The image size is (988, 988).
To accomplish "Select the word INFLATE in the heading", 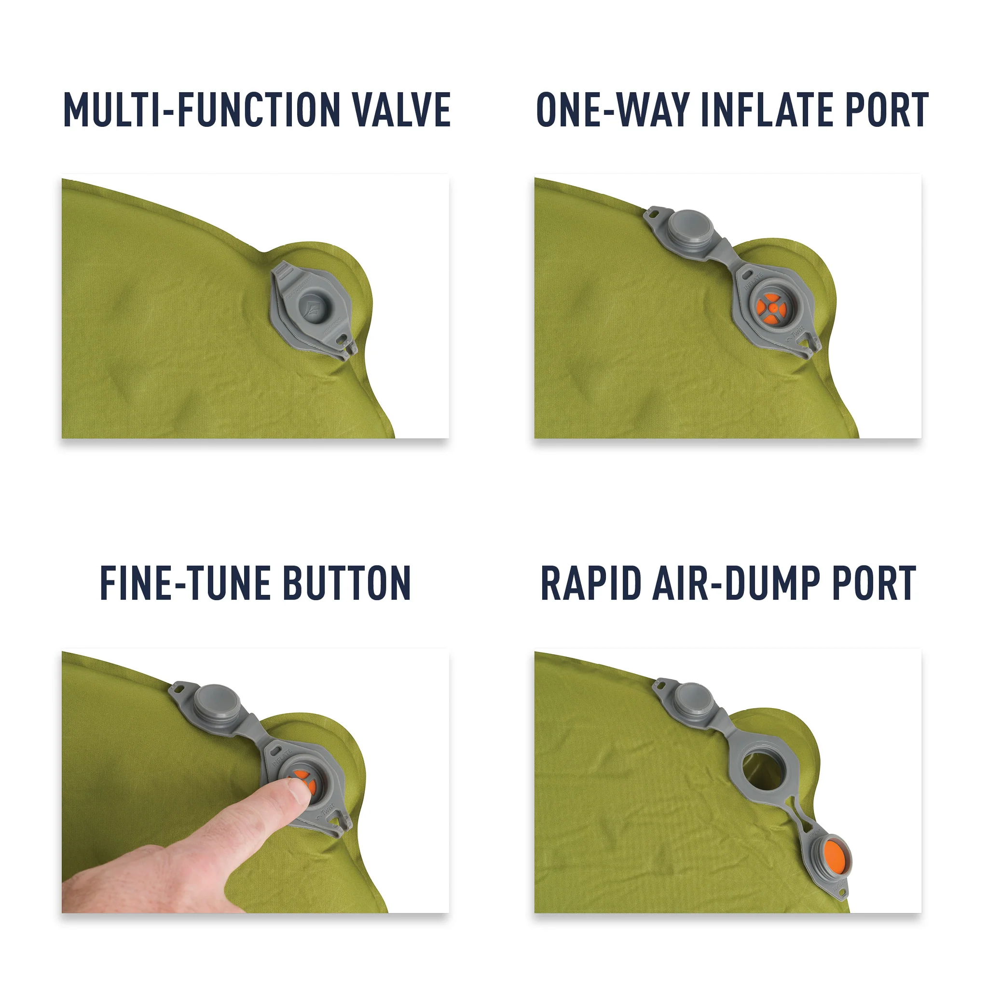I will [768, 110].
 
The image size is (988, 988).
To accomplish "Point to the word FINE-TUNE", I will [185, 583].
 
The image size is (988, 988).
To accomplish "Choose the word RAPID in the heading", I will [590, 583].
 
